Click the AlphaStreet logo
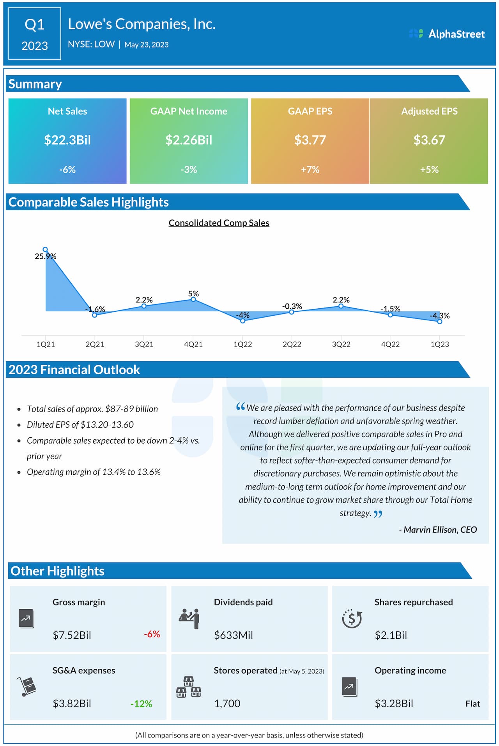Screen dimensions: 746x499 (x=447, y=34)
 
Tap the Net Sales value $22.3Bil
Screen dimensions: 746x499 (x=67, y=140)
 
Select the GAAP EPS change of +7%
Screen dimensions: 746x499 (x=310, y=170)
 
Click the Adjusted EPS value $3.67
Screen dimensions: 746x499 (x=429, y=140)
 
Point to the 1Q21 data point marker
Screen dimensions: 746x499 (x=45, y=249)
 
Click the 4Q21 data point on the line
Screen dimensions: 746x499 (x=193, y=299)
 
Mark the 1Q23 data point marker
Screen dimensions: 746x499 (x=440, y=322)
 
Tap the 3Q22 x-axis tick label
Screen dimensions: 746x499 (x=341, y=344)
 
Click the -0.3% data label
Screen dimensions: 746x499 (x=292, y=306)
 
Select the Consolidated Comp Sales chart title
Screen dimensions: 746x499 (x=219, y=223)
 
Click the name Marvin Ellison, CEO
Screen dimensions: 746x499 (x=438, y=530)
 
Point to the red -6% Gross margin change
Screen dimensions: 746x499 (x=152, y=634)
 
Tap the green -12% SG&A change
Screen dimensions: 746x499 (x=141, y=704)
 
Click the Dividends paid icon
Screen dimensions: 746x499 (x=189, y=618)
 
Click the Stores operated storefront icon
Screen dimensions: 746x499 (x=189, y=687)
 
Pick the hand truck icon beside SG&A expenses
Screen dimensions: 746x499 (x=27, y=686)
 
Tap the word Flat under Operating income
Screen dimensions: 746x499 (x=472, y=704)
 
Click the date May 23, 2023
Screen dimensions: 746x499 (x=147, y=45)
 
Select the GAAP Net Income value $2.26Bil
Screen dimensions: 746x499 (x=189, y=140)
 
